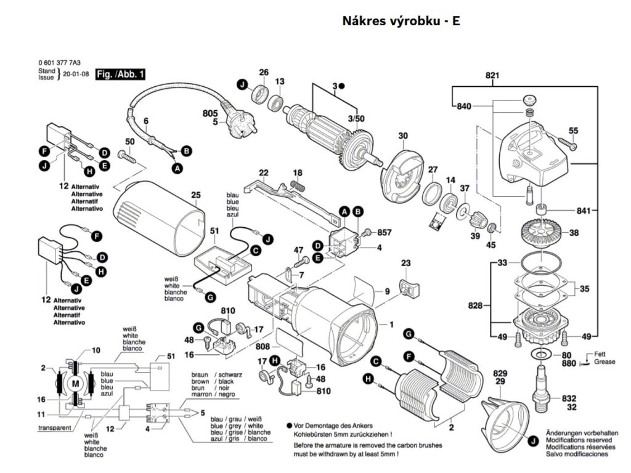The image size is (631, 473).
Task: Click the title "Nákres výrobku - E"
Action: click(401, 21)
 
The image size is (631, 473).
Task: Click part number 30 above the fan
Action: click(402, 136)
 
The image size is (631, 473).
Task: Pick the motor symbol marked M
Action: click(76, 383)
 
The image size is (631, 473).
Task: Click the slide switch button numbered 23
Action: click(407, 286)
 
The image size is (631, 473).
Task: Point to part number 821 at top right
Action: click(492, 76)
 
